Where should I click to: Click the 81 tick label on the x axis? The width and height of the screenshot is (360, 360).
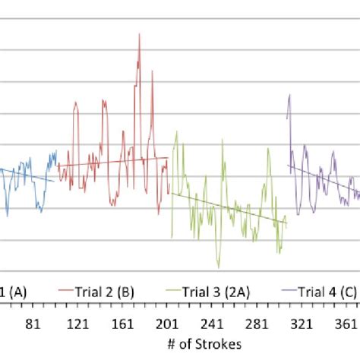[x=33, y=324]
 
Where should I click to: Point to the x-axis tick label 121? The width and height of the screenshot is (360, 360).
[x=78, y=324]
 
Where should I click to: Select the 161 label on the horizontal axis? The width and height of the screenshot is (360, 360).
[x=123, y=324]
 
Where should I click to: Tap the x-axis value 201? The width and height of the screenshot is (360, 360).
[x=167, y=324]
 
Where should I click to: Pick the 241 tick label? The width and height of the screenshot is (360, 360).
[x=212, y=324]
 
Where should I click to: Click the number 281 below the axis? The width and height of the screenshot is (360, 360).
[x=257, y=324]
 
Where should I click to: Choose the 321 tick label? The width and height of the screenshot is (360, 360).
[x=302, y=324]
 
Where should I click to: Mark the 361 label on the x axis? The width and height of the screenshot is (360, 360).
[x=346, y=324]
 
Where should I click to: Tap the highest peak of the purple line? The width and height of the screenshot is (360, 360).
[x=289, y=95]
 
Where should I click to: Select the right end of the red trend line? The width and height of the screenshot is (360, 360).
[x=168, y=158]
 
